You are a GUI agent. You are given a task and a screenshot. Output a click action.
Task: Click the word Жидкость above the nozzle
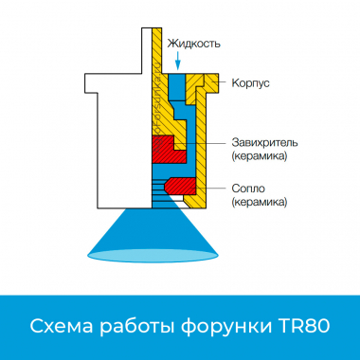click(193, 44)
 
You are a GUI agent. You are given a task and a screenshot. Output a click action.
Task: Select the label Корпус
click(250, 83)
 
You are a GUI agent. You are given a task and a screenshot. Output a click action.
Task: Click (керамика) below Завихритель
click(259, 155)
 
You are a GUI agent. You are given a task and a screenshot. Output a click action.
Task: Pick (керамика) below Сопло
click(259, 202)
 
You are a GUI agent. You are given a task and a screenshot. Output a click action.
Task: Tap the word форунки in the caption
click(227, 327)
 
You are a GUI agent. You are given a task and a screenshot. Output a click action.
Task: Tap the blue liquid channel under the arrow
click(177, 95)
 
